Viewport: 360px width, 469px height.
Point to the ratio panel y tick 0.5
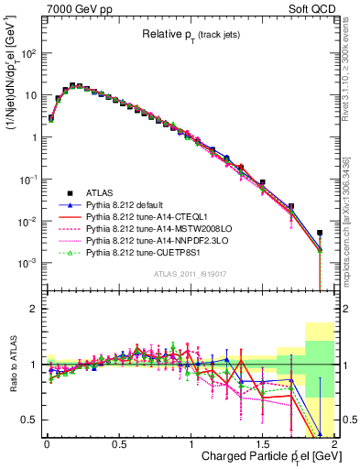30,420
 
